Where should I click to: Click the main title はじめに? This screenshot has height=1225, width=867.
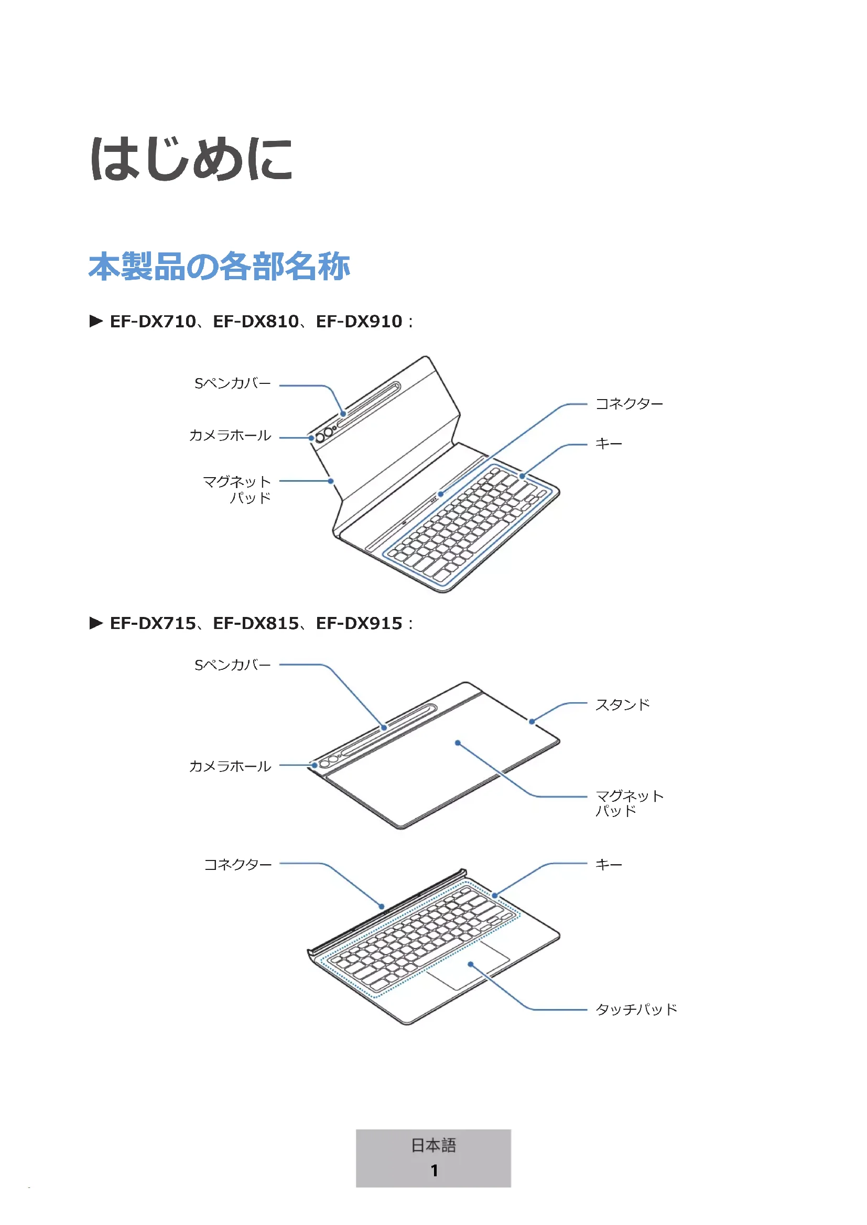(x=191, y=159)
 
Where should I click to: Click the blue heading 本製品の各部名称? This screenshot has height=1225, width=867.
(x=219, y=266)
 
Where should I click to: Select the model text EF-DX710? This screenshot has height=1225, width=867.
(x=153, y=321)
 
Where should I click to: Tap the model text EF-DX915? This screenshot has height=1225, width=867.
(x=359, y=623)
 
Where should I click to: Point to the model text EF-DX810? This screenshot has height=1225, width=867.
(x=256, y=321)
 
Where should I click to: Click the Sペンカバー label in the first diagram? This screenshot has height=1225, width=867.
(x=232, y=383)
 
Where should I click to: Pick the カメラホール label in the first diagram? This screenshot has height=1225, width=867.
(x=230, y=436)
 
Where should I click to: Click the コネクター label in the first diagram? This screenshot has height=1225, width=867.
(x=629, y=404)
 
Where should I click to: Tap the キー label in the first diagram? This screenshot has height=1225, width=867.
(x=609, y=444)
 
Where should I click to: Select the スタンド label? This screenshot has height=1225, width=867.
(x=623, y=705)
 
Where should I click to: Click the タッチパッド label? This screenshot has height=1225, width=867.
(x=636, y=1009)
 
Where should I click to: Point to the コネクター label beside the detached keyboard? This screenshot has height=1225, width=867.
(x=238, y=864)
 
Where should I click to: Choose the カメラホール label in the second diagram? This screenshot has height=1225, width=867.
(x=230, y=767)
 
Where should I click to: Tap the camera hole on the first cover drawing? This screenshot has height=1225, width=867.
(x=320, y=438)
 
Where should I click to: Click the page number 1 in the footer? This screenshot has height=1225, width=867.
(x=434, y=1171)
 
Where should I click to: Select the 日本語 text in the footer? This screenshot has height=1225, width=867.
(x=433, y=1145)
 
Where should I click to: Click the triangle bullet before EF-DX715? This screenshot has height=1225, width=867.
(x=96, y=623)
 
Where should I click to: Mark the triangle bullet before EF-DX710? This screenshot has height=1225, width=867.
(x=96, y=321)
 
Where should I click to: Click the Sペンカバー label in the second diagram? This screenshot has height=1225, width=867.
(x=232, y=665)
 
